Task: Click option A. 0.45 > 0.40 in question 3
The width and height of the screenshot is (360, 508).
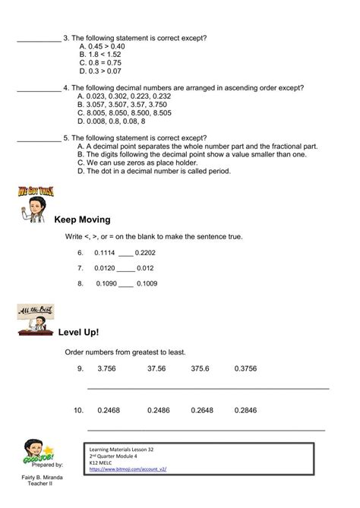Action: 102,46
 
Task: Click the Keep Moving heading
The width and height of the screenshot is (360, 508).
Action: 82,219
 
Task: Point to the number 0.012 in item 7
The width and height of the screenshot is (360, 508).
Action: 147,268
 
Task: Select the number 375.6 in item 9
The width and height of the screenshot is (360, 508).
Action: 201,368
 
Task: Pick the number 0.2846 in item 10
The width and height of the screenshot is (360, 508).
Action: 246,411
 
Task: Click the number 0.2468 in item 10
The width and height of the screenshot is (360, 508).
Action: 109,411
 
